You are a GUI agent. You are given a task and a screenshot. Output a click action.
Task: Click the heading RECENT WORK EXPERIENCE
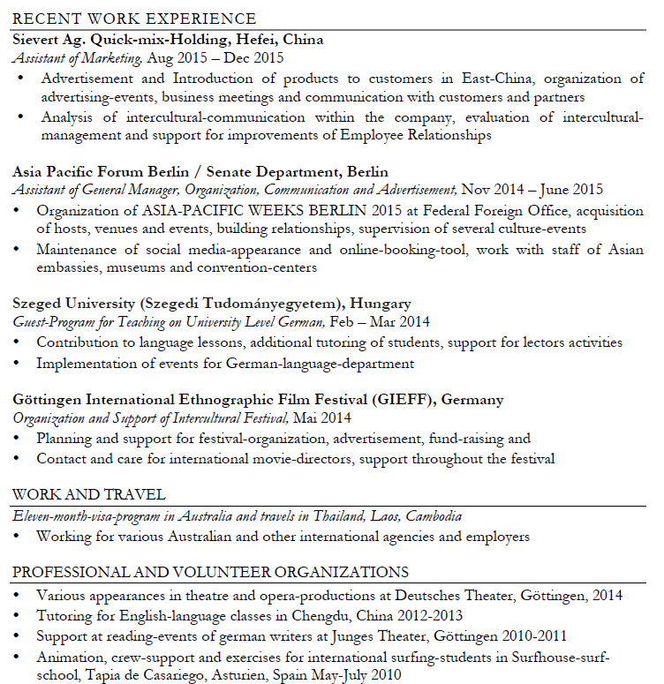[x=134, y=19]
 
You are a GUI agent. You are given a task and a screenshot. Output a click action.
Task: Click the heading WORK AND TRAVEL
[x=89, y=494]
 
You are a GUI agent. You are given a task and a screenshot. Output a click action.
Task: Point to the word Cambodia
[x=430, y=516]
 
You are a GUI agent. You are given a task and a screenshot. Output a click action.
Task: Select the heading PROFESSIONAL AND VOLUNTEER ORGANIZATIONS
[x=210, y=572]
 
